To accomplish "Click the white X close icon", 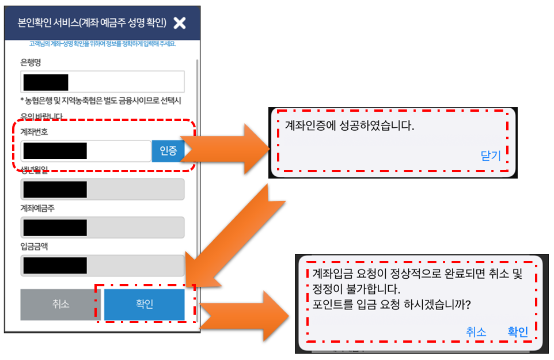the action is click(180, 23).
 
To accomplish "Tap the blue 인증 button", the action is click(168, 151).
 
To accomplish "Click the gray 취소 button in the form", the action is click(60, 304).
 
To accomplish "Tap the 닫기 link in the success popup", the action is click(491, 156).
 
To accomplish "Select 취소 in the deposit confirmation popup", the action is click(476, 332).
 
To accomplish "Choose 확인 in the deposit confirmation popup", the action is click(517, 332).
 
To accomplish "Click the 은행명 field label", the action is click(31, 62).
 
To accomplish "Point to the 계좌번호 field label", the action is click(35, 131).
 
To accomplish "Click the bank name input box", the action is click(103, 82).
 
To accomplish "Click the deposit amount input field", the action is click(103, 265).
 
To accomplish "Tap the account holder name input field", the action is click(103, 228).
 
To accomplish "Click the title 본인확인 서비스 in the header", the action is click(92, 23).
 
